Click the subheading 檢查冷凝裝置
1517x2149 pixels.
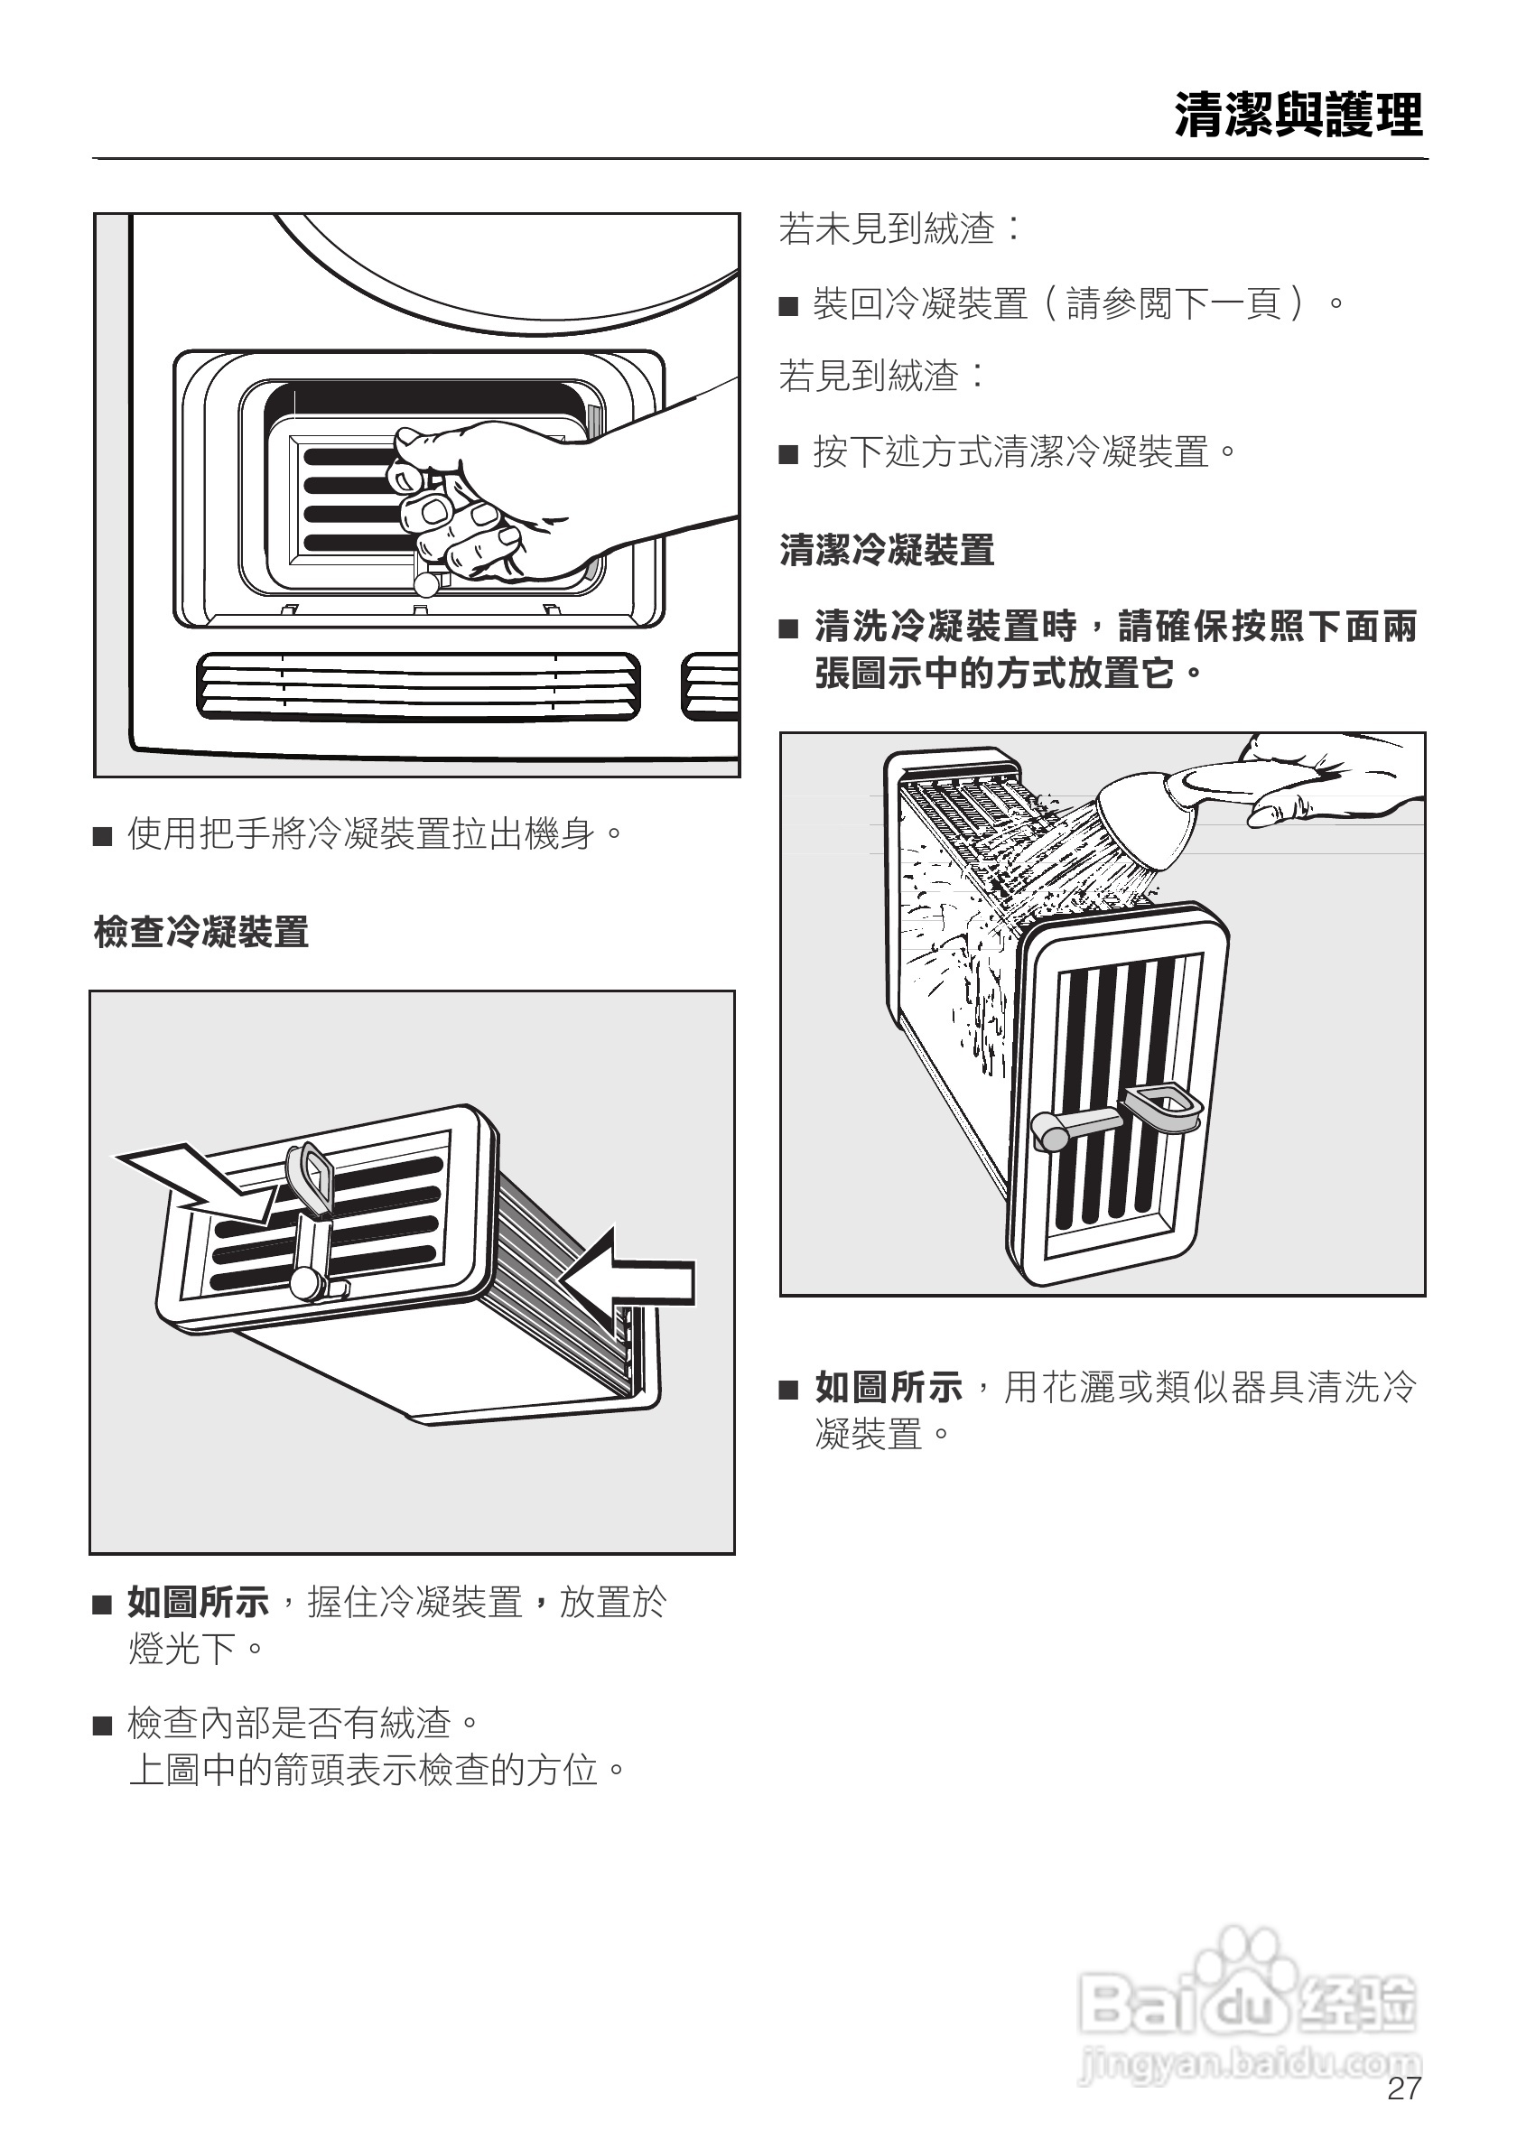(x=201, y=932)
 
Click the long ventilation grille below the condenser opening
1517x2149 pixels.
(x=418, y=687)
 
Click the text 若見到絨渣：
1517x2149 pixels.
(x=881, y=377)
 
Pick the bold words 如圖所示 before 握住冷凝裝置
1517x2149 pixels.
(x=199, y=1603)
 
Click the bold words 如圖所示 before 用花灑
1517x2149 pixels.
(x=889, y=1387)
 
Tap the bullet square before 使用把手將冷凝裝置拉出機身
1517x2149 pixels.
(x=102, y=836)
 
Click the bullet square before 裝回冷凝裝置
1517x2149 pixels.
(x=789, y=306)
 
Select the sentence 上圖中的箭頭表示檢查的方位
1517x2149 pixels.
(x=377, y=1770)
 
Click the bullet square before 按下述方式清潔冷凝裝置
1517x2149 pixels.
(x=789, y=455)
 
